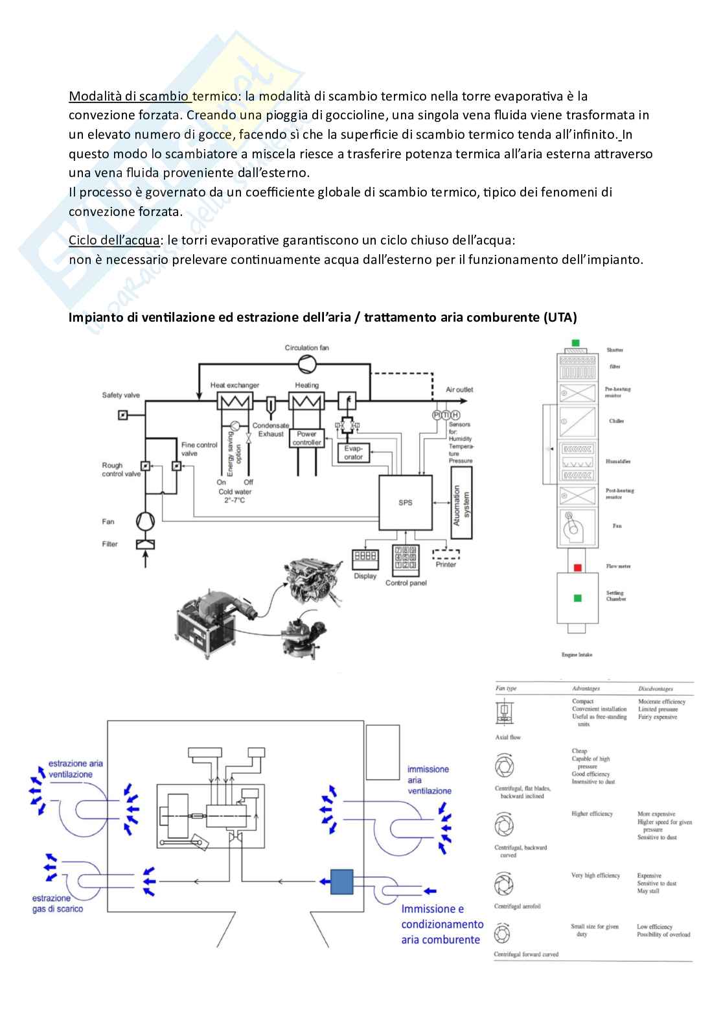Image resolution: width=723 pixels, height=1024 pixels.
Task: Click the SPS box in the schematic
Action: click(x=406, y=503)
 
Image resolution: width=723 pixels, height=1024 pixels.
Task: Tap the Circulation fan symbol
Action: click(x=307, y=364)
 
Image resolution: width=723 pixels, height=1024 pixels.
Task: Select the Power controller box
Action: click(x=307, y=438)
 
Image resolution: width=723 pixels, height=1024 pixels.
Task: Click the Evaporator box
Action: click(x=353, y=452)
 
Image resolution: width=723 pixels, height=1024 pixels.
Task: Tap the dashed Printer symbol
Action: click(x=446, y=554)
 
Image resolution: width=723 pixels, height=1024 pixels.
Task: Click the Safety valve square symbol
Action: click(x=123, y=414)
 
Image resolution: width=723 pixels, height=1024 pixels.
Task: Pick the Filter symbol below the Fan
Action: click(x=145, y=544)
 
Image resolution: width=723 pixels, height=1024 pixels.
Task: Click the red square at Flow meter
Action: click(x=577, y=567)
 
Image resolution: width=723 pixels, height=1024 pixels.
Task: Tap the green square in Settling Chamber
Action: click(x=577, y=598)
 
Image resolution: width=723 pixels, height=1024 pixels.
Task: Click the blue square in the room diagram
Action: click(x=341, y=882)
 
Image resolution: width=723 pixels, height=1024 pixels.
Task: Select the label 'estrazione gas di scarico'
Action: click(x=57, y=903)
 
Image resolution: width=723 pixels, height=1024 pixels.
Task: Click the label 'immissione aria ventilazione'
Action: click(x=429, y=780)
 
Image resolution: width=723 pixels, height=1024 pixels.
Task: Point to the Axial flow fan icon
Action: click(x=504, y=713)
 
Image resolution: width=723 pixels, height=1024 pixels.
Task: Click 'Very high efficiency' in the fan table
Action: click(x=595, y=875)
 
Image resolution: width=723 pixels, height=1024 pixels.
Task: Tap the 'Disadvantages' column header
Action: click(x=655, y=689)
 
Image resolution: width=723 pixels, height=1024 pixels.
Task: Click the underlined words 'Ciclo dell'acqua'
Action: click(x=114, y=240)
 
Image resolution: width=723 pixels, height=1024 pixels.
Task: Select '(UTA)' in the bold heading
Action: click(x=560, y=317)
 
